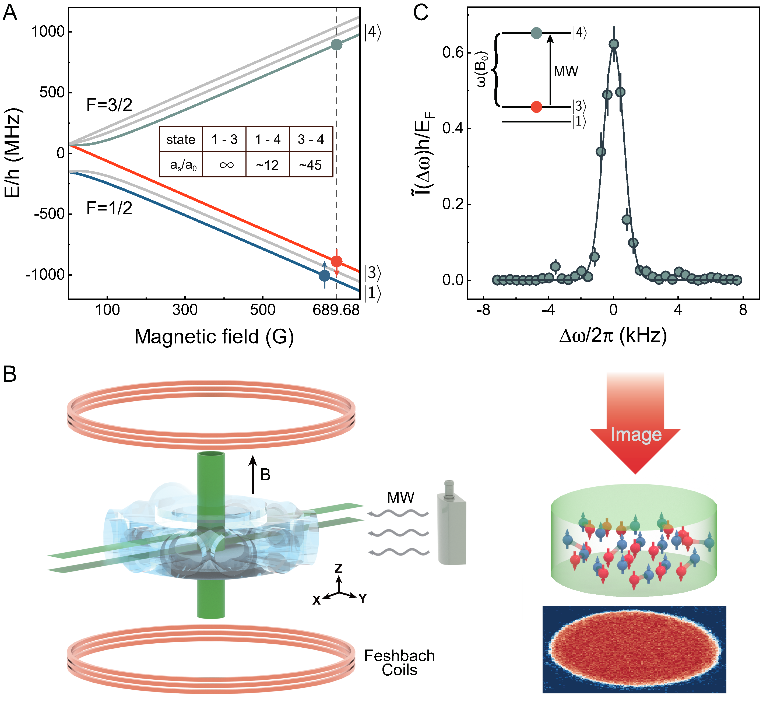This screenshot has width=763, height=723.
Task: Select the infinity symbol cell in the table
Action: tap(226, 165)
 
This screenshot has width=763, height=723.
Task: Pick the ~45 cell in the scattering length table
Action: tap(310, 165)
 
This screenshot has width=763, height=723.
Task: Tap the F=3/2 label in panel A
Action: tap(109, 105)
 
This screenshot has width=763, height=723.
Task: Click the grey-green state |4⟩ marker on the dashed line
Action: tap(336, 45)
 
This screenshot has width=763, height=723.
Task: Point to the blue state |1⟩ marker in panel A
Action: tap(325, 276)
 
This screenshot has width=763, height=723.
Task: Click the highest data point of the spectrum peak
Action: tap(614, 44)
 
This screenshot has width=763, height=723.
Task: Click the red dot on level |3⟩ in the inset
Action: tap(536, 107)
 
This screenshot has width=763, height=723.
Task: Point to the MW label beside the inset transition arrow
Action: tap(566, 71)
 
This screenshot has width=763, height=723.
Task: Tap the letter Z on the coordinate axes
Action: tap(338, 568)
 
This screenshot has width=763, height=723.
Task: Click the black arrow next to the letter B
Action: tap(253, 475)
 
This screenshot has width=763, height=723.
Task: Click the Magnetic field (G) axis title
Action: tap(214, 336)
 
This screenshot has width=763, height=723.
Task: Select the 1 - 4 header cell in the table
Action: tap(268, 139)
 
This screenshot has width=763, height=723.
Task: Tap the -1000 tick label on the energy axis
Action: tap(45, 275)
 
